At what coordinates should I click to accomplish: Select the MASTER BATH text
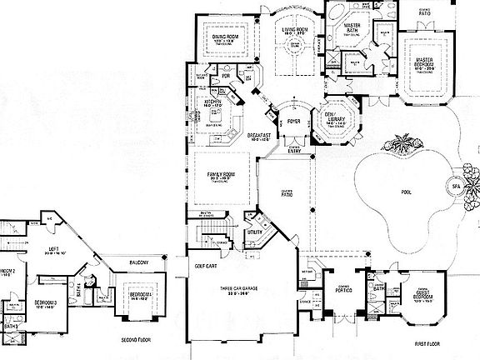[x=357, y=27]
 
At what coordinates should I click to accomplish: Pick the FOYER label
[x=293, y=121]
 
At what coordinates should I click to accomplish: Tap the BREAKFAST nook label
[x=258, y=135]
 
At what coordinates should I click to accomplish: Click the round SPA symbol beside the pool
[x=454, y=185]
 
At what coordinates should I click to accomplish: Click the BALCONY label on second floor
[x=137, y=262]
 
